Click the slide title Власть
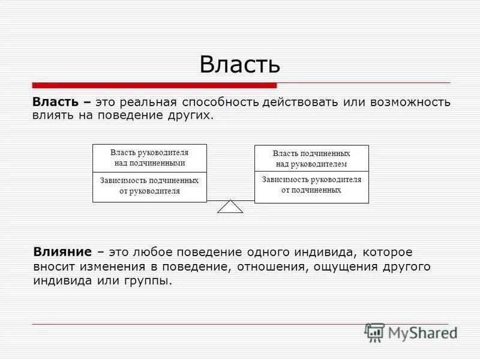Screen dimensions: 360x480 (x=239, y=64)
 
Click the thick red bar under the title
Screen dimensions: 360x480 (x=154, y=85)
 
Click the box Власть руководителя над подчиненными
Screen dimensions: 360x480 (x=149, y=158)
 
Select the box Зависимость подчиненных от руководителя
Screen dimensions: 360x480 (x=149, y=186)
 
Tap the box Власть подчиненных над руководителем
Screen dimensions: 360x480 (x=311, y=158)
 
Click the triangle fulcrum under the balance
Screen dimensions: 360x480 (x=230, y=207)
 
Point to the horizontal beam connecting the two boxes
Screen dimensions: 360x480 (x=230, y=199)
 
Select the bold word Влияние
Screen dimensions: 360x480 (x=62, y=252)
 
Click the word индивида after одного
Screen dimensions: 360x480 (x=314, y=252)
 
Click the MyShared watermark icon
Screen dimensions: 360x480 (x=374, y=332)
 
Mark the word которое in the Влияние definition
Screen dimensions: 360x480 (x=391, y=252)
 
